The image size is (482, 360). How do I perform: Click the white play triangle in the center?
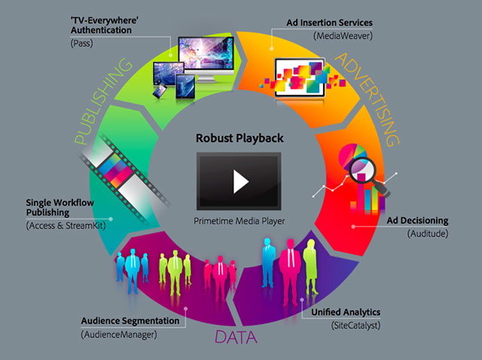[240, 181]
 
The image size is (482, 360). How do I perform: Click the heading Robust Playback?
[240, 139]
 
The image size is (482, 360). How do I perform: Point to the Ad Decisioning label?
[417, 221]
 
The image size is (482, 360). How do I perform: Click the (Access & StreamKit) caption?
[64, 225]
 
